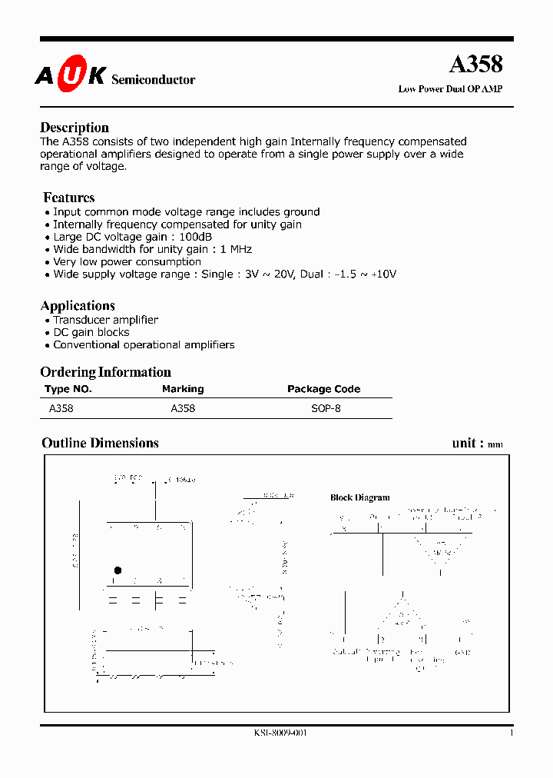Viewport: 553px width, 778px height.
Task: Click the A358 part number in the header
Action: coord(475,65)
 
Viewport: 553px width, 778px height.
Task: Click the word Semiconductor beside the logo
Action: coord(154,80)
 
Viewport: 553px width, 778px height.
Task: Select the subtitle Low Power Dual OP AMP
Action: coord(450,89)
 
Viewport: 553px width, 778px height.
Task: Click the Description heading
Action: coord(75,128)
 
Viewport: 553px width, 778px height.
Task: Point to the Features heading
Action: coord(69,198)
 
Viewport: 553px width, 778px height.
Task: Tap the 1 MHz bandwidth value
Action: coord(236,249)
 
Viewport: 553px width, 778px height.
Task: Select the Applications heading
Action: coord(78,305)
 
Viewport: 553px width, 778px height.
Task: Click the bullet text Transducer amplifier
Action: coord(105,320)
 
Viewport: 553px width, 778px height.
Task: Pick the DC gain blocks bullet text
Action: coord(91,332)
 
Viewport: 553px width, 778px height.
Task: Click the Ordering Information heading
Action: coord(105,372)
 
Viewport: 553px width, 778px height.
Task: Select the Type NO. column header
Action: coord(68,389)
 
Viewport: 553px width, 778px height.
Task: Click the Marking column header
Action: coord(183,389)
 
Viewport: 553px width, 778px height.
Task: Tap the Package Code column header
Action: coord(323,389)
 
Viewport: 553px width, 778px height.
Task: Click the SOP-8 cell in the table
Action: coord(326,408)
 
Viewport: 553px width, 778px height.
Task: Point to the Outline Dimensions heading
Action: coord(100,443)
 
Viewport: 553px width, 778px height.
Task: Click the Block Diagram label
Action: coord(359,497)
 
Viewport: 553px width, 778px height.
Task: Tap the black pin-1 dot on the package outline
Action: coord(118,570)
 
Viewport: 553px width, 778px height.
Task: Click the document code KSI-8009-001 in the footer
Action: coord(280,733)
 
